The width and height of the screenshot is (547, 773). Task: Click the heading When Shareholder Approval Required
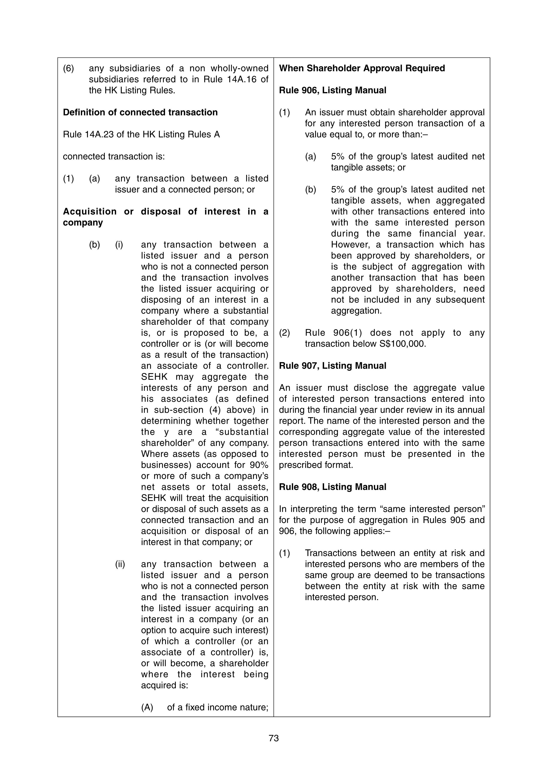[x=362, y=68]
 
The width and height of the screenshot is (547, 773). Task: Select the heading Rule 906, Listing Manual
[x=332, y=90]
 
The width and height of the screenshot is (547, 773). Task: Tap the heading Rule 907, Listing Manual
[x=332, y=366]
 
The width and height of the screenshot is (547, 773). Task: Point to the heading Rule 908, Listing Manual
[x=332, y=487]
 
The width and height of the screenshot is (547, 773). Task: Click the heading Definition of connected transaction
[x=140, y=112]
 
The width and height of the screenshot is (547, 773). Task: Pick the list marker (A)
[x=147, y=707]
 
